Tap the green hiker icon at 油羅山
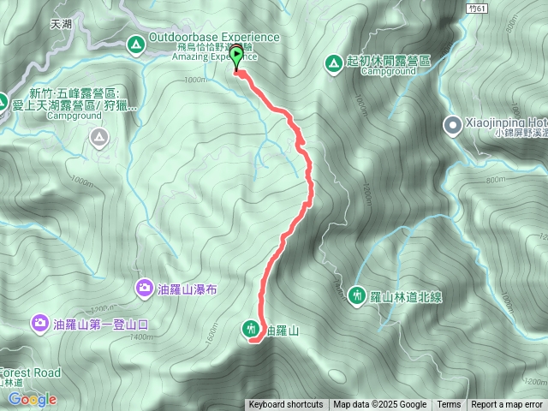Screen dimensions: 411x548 250,327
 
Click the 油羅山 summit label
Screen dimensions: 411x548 283,330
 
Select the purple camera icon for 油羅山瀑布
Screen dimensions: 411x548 144,289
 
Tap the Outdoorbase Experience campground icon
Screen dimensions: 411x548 135,43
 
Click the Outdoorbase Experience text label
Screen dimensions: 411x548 214,37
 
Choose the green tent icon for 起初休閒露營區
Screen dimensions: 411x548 333,62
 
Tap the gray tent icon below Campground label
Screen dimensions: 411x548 100,136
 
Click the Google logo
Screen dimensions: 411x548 33,399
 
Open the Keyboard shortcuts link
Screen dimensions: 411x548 286,405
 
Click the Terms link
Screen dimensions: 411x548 449,405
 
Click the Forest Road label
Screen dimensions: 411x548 30,373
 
